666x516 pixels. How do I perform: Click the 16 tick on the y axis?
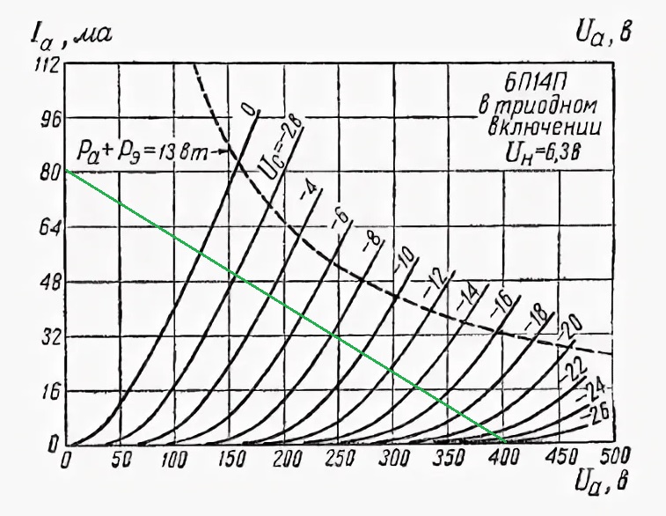46,391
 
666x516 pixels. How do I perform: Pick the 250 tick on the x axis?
231,460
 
